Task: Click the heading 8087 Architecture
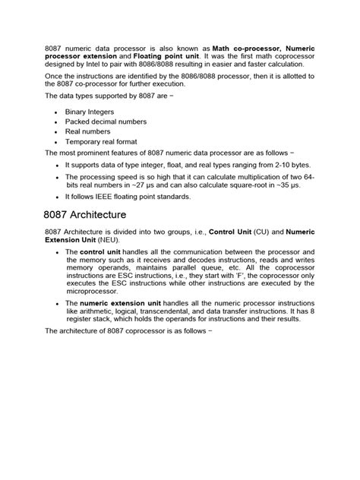pos(85,216)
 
